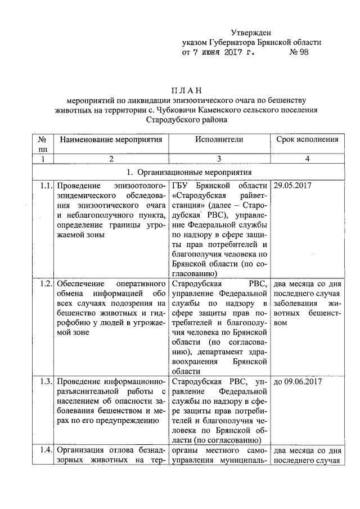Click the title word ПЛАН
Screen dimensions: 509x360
pyautogui.click(x=186, y=90)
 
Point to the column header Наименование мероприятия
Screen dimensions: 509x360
pyautogui.click(x=111, y=139)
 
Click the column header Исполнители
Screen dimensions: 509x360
pyautogui.click(x=219, y=139)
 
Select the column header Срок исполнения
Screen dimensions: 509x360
pyautogui.click(x=307, y=139)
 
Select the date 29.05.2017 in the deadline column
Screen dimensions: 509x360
pyautogui.click(x=292, y=186)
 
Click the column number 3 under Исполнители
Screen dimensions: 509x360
pyautogui.click(x=219, y=159)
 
